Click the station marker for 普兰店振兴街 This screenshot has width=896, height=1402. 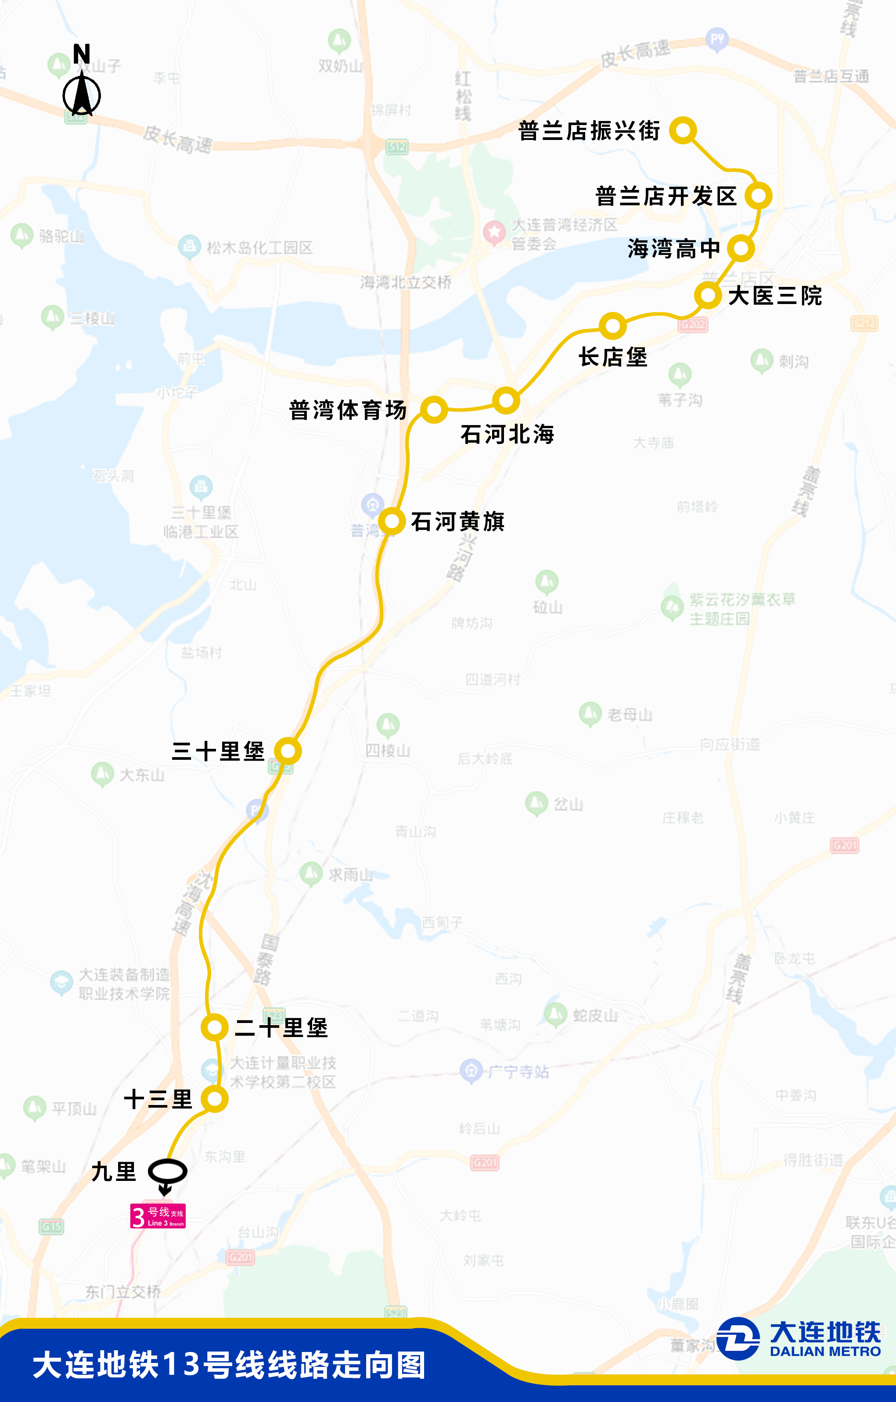point(683,130)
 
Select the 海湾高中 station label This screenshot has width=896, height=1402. point(673,249)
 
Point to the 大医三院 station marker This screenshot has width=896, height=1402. point(708,296)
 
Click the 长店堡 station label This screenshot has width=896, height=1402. point(613,358)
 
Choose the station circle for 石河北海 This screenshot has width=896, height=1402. point(506,401)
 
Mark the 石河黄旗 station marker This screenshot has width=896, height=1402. point(392,521)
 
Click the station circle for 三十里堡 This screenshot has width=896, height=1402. point(288,751)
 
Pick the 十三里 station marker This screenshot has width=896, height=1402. point(214,1099)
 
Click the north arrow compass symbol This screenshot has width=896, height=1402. point(82,93)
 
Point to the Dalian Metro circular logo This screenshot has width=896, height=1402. point(738,1338)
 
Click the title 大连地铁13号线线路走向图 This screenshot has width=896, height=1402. point(229,1365)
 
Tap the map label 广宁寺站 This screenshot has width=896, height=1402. point(518,1072)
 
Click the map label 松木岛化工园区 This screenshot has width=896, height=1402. point(259,247)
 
